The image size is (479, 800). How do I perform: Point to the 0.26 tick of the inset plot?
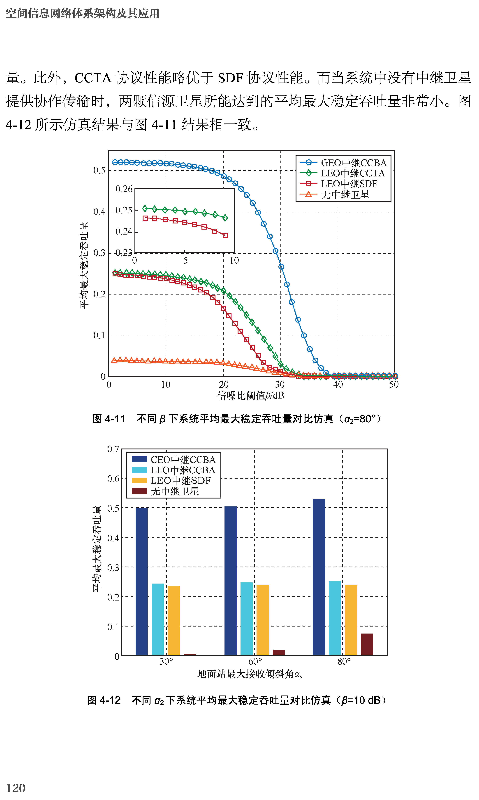click(x=124, y=189)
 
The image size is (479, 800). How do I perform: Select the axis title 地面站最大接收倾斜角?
click(x=250, y=674)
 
